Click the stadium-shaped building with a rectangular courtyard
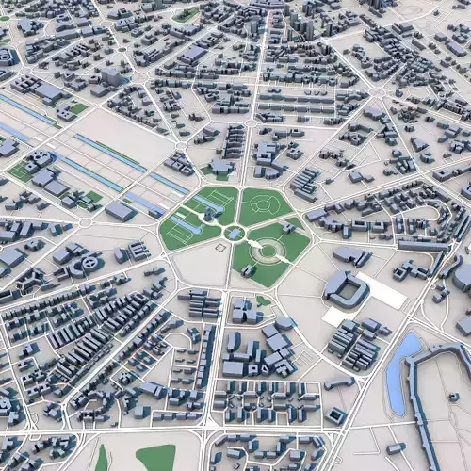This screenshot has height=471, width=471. coord(347,289)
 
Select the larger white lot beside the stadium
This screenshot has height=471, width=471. coord(382,292)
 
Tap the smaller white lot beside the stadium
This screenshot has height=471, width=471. coord(333,317)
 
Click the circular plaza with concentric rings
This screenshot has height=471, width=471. coord(268,249)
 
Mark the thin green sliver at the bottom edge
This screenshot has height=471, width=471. coord(102,459)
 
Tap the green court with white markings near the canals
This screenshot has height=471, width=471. coord(21,172)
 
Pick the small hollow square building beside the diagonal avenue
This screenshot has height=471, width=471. coord(335,415)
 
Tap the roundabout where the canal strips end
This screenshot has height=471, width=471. coord(85,222)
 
